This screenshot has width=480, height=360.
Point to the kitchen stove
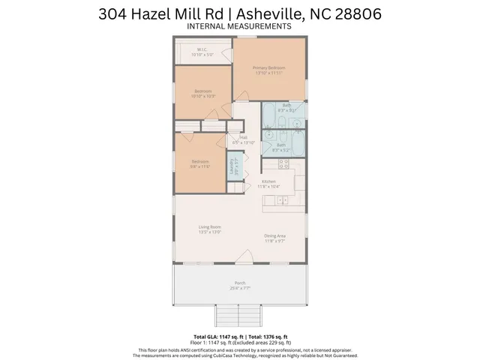click(x=284, y=163)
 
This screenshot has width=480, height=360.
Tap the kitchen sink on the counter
click(x=283, y=199)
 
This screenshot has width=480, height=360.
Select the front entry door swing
click(x=244, y=257)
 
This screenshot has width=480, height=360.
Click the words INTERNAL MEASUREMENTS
click(x=239, y=25)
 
